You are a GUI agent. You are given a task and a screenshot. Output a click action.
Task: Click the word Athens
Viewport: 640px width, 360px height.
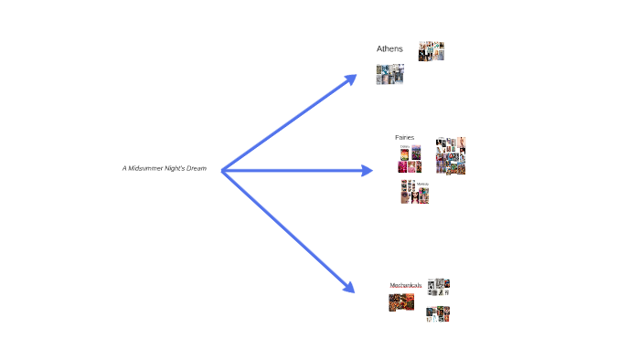389,48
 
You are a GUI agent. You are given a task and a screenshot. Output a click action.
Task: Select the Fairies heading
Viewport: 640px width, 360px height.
404,137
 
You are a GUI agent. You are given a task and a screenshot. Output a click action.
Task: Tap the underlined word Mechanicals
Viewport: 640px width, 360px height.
405,285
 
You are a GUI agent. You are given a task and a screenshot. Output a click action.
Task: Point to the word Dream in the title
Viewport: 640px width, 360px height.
209,168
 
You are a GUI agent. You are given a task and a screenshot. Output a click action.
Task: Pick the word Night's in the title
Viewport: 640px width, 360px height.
180,168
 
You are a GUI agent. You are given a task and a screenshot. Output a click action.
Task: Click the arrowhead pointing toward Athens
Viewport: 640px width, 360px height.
350,79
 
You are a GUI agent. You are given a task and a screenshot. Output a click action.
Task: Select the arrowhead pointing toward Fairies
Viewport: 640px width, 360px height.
367,170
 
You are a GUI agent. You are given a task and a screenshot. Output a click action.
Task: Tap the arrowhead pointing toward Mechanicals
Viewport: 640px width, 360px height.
348,287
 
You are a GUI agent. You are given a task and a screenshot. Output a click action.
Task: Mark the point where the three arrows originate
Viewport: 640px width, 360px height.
222,170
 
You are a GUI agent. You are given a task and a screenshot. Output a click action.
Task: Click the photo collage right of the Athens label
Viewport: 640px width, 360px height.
432,51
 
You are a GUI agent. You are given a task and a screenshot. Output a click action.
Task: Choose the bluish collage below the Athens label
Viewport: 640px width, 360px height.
390,75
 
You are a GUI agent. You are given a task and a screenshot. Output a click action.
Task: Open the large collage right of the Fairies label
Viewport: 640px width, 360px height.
451,155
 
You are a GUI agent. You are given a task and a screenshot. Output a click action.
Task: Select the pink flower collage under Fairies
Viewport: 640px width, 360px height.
410,161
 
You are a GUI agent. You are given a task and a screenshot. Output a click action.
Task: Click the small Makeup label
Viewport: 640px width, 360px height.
422,184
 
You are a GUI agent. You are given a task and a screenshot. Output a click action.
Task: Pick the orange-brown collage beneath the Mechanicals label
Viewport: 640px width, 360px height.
401,302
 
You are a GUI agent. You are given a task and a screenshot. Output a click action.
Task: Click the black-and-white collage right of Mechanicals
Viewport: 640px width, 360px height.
441,287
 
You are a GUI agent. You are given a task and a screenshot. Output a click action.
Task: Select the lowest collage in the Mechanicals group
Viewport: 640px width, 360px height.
438,313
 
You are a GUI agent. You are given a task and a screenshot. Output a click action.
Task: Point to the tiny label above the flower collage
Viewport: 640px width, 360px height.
405,146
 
